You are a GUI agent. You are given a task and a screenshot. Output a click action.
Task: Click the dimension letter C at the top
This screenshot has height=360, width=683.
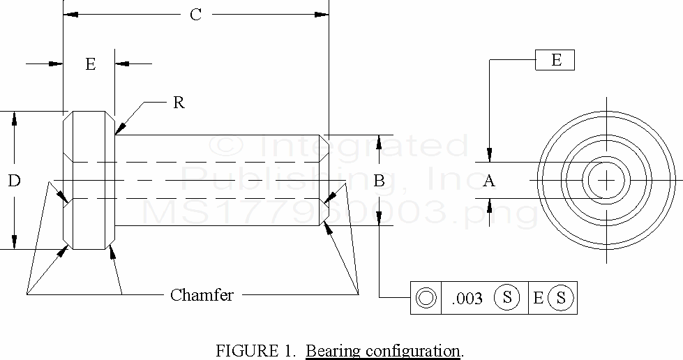point(196,15)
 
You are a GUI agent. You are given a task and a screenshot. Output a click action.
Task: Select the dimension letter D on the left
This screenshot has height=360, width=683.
point(14,181)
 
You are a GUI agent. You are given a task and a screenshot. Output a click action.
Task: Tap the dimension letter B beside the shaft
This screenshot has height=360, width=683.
point(379,181)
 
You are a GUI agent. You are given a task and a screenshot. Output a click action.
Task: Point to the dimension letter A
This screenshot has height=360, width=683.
point(489,181)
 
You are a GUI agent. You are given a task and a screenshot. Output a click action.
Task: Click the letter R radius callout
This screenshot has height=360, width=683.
point(179,103)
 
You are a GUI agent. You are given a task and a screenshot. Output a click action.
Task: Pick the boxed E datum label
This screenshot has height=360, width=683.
point(555,60)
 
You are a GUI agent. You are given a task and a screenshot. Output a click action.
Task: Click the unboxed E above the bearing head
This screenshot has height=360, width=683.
point(90,65)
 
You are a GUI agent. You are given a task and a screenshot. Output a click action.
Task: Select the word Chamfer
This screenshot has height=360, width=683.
point(202,295)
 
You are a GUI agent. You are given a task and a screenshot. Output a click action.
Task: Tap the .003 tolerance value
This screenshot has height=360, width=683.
point(467,299)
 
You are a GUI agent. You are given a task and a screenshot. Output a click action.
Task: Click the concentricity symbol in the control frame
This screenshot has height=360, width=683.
point(426,299)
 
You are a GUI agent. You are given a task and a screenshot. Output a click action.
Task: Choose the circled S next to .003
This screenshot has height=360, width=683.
point(507,298)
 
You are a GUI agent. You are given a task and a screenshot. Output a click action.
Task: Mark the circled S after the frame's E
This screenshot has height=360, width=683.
point(562,298)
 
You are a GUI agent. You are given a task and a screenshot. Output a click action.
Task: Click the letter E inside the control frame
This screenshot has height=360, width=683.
point(538,299)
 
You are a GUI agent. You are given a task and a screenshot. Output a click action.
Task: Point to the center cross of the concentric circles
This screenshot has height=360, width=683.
point(607,180)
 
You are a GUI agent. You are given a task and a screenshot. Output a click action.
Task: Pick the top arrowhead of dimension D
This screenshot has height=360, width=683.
point(14,117)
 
